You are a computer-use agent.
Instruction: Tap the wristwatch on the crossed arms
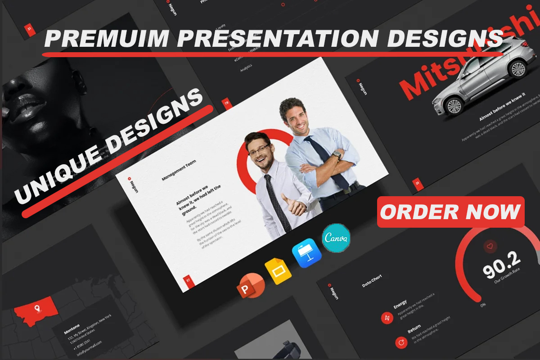click(x=336, y=155)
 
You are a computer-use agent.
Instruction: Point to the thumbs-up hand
click(x=292, y=205)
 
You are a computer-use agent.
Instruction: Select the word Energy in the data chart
click(x=400, y=304)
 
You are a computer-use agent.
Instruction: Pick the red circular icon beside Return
click(x=400, y=343)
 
